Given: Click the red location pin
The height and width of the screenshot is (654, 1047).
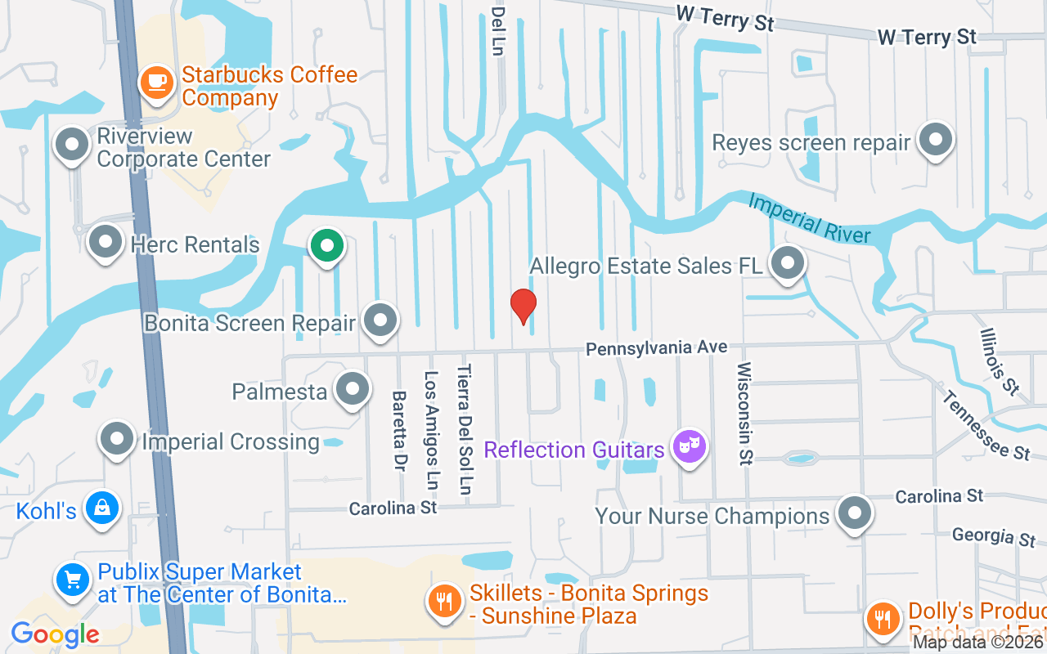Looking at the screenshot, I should pyautogui.click(x=523, y=306).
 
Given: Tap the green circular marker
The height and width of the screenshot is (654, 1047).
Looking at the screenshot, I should pyautogui.click(x=327, y=244).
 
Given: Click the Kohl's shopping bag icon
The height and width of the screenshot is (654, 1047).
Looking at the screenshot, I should pyautogui.click(x=103, y=508).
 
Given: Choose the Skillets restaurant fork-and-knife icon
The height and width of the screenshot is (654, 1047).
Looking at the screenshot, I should pyautogui.click(x=444, y=602).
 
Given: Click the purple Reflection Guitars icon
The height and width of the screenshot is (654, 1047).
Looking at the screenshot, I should pyautogui.click(x=690, y=446).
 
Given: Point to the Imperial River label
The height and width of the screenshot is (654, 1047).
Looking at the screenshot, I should pyautogui.click(x=809, y=218).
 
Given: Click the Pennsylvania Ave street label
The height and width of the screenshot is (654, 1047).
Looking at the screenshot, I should pyautogui.click(x=656, y=348).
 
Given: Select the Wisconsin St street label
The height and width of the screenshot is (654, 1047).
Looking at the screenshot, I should pyautogui.click(x=744, y=414).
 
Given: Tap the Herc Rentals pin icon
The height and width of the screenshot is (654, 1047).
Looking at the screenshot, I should pyautogui.click(x=105, y=241).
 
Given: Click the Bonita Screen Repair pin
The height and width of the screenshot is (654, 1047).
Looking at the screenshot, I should pyautogui.click(x=380, y=320).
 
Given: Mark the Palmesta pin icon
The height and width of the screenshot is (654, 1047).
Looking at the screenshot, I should pyautogui.click(x=353, y=389).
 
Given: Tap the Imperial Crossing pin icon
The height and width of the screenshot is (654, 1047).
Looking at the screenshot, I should pyautogui.click(x=117, y=439).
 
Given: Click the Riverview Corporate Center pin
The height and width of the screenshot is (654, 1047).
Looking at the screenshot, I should pyautogui.click(x=72, y=145).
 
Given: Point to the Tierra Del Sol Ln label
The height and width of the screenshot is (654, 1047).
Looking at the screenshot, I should pyautogui.click(x=465, y=429).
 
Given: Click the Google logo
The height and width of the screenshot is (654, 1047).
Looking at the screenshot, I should pyautogui.click(x=55, y=634).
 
